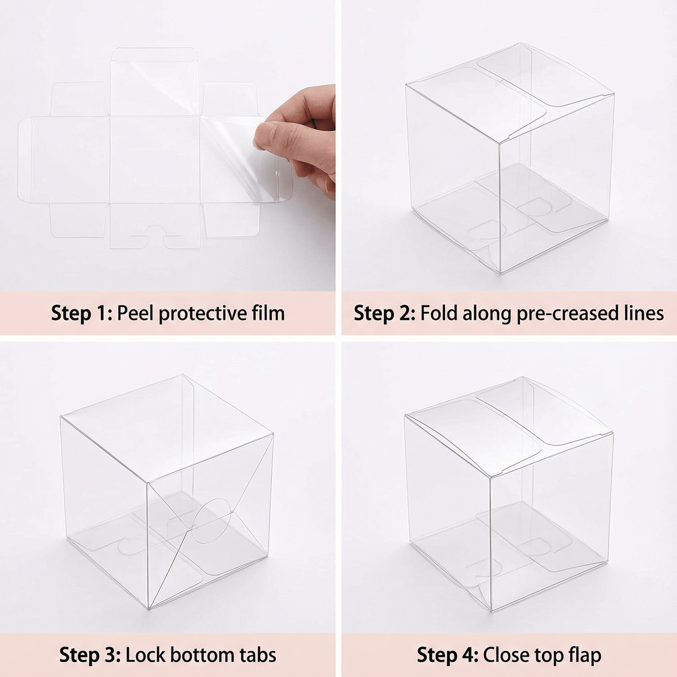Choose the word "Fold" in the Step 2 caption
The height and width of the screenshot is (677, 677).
pos(439,313)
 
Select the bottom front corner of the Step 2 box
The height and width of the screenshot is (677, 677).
pos(501,273)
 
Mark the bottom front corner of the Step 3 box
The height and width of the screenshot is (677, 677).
pos(149,609)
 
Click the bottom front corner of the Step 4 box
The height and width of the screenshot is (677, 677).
pos(491,611)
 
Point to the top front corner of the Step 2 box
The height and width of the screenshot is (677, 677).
pos(499,142)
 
